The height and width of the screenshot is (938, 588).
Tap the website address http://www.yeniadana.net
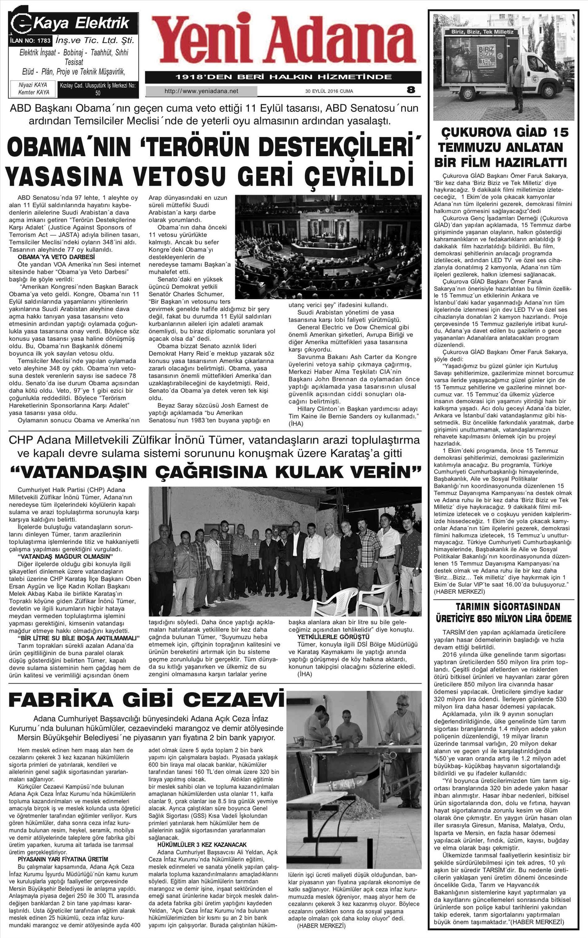coord(201,91)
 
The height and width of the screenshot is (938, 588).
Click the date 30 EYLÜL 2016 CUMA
coord(329,91)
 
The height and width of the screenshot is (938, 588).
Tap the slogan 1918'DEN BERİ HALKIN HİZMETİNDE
coord(283,77)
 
